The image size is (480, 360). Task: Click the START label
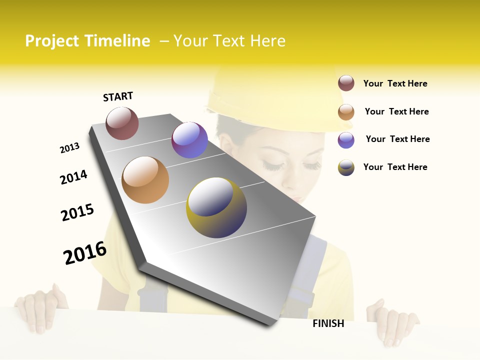coord(118,96)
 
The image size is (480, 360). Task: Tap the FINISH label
coord(328,323)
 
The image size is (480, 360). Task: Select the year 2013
coord(69,148)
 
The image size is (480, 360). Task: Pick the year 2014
coord(73,177)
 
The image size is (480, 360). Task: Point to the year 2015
coord(77,212)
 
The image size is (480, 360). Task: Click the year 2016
coord(85,253)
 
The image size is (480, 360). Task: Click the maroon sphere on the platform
coord(122,123)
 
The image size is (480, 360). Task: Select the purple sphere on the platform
coord(189,140)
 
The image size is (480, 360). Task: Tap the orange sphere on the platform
coord(145,180)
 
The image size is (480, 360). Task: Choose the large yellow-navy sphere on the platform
coord(216,207)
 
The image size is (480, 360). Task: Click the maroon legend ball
coord(346,83)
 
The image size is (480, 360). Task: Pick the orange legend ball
coord(346,112)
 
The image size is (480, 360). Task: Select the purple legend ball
coord(346,140)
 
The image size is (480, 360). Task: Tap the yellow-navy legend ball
coord(346,167)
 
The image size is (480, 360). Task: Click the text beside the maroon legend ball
coord(395,83)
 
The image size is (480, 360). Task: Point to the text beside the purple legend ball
coord(397,139)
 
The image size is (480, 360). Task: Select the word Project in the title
coord(52,41)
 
